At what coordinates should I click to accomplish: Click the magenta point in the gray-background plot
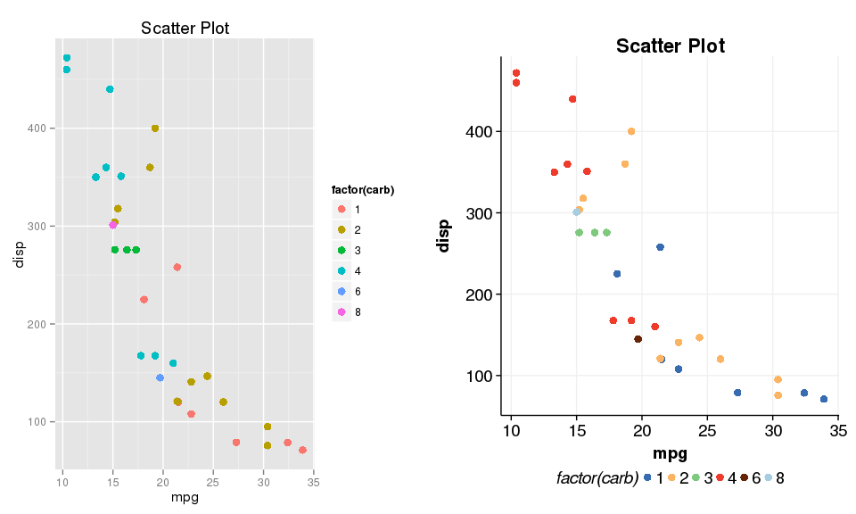coord(113,226)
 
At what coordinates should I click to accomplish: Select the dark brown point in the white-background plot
coord(638,339)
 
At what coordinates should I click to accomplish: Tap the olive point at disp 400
coord(155,128)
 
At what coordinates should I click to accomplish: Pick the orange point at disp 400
coord(631,131)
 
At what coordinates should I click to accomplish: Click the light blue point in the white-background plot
coord(576,212)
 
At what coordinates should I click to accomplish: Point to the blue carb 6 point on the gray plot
coord(160,378)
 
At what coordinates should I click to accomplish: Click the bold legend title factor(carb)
coord(362,190)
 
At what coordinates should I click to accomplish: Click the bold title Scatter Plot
coord(671,46)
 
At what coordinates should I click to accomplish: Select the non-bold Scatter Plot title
coord(185,29)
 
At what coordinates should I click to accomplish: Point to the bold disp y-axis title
coord(444,236)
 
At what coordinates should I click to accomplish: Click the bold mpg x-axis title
coord(671,454)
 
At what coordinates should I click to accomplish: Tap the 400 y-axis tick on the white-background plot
coord(485,132)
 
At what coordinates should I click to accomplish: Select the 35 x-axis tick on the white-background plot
coord(837,432)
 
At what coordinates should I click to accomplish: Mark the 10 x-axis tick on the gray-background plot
coord(62,483)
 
